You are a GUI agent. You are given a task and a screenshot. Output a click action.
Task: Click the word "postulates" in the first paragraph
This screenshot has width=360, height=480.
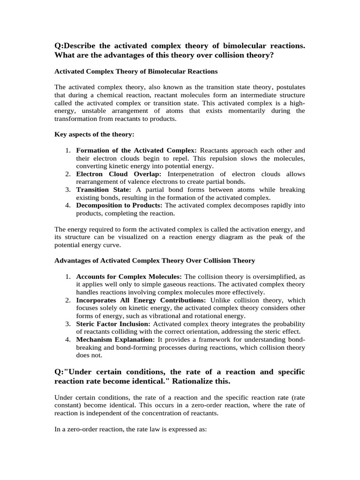288,87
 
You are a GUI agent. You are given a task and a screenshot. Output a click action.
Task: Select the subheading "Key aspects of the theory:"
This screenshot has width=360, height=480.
94,134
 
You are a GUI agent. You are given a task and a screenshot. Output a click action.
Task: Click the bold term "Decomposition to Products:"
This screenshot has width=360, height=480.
119,206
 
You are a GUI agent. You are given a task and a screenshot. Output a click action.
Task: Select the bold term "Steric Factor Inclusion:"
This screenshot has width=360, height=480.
113,324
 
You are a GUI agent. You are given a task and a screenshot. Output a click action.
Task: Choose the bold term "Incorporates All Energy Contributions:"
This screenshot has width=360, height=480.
141,300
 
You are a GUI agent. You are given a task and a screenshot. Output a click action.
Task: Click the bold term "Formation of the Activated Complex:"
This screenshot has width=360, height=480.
136,150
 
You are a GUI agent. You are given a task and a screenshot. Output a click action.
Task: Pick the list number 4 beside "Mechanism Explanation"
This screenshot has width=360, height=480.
67,340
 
